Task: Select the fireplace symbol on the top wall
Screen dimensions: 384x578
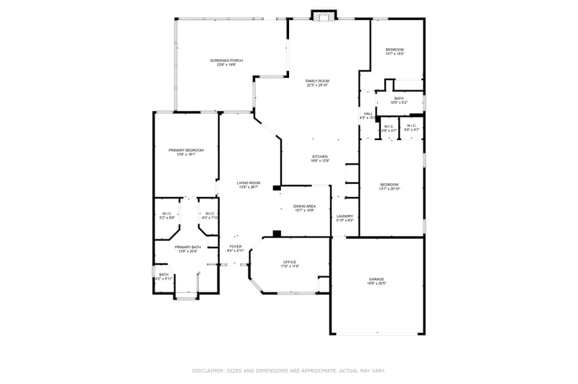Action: [x=324, y=15]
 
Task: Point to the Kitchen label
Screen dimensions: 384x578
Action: [x=320, y=158]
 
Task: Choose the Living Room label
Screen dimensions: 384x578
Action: [x=249, y=185]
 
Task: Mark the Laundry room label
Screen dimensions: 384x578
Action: [x=345, y=217]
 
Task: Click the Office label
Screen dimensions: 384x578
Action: [x=290, y=263]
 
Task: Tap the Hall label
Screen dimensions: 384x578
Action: [x=368, y=115]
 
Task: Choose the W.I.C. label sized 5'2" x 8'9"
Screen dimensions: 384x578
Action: [x=167, y=214]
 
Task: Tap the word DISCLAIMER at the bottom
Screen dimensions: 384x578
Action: [x=208, y=370]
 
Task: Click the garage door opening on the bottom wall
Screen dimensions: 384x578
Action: [x=378, y=333]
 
